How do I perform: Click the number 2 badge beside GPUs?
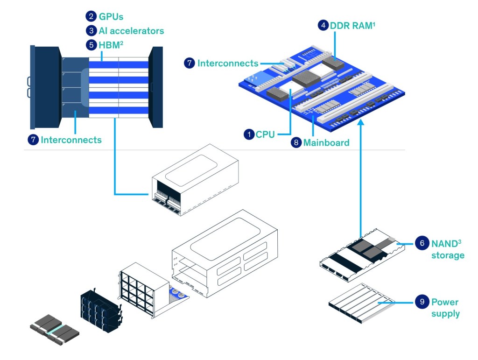pos(91,16)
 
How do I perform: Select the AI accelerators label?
pos(131,31)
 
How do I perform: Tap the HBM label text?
pos(111,45)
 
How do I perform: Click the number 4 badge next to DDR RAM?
pos(323,26)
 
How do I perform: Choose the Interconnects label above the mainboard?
pos(227,63)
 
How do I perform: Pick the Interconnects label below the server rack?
pos(71,140)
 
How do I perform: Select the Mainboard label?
pos(326,143)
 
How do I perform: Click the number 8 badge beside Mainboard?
pos(296,143)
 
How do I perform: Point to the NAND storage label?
pos(447,249)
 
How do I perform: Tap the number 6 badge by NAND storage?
pos(422,243)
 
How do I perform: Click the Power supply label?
pos(445,308)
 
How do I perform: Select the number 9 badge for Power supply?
pos(422,302)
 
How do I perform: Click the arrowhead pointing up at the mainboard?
pos(361,123)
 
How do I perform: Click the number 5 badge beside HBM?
pos(91,45)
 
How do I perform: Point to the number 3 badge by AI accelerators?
pos(91,31)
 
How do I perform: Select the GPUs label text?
pos(112,16)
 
